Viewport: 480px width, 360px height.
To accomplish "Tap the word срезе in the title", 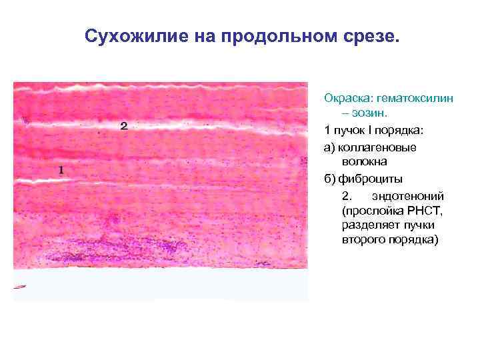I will click(x=373, y=35).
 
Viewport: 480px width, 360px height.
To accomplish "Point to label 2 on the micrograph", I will click(x=123, y=125).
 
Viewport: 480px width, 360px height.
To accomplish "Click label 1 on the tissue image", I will click(x=61, y=170).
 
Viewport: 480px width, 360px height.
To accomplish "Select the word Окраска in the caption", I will click(x=348, y=98).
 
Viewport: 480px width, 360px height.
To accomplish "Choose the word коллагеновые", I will click(x=377, y=146).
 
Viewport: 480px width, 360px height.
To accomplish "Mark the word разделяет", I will click(x=367, y=226).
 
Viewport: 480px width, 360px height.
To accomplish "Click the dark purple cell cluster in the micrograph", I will click(x=133, y=247).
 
